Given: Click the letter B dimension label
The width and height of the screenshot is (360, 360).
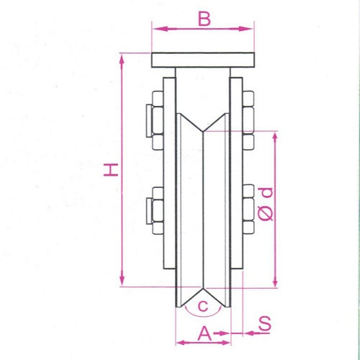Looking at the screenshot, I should click(x=204, y=19).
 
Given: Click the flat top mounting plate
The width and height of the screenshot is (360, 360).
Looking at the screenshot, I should click(x=203, y=60).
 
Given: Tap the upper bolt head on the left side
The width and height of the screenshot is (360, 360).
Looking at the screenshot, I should click(x=154, y=120).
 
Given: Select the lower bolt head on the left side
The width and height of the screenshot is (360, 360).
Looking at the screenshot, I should click(x=154, y=211).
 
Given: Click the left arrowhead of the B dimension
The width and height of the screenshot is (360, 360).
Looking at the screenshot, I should click(x=156, y=29).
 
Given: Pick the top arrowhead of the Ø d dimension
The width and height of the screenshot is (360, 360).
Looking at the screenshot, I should click(x=274, y=136).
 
